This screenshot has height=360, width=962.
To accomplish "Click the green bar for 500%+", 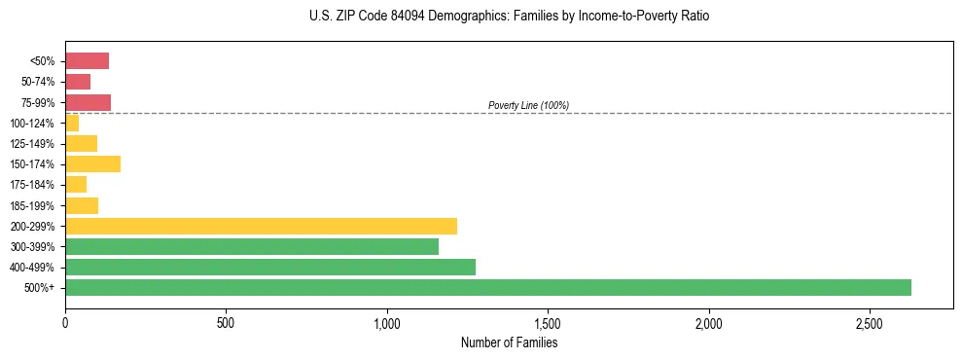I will click(487, 287).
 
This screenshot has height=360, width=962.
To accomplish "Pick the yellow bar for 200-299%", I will click(261, 226).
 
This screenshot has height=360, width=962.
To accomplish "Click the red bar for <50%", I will click(87, 61).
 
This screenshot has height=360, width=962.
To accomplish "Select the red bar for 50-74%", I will click(78, 82).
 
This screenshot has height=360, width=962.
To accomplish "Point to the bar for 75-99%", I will click(88, 102).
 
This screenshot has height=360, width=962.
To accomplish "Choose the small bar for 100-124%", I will click(72, 123).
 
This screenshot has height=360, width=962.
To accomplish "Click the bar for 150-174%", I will click(92, 163).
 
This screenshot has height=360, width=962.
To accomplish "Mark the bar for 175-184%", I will click(76, 184).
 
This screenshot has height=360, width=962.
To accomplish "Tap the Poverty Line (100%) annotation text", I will click(528, 105).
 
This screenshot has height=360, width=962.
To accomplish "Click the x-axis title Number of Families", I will click(509, 342).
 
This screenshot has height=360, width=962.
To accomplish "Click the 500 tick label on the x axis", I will click(226, 323).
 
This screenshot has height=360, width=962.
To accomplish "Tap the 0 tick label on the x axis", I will click(65, 323).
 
